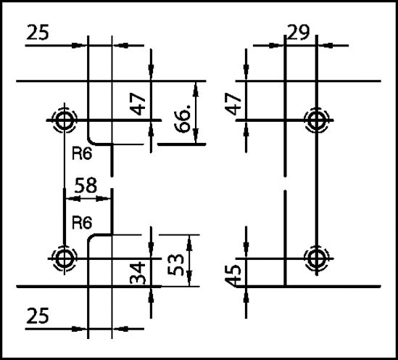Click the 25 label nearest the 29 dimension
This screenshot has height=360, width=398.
click(38, 32)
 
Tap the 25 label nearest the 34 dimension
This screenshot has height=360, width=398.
click(38, 316)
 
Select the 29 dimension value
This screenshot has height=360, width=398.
click(299, 32)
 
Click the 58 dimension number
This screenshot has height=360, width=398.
click(86, 186)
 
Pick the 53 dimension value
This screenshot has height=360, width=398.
click(175, 265)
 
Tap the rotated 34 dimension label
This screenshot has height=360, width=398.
click(138, 273)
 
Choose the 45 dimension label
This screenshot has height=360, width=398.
click(233, 276)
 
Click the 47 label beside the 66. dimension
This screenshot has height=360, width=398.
click(138, 104)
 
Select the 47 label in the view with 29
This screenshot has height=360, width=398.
click(233, 104)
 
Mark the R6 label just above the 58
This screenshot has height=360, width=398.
click(82, 154)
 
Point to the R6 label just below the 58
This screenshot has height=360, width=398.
click(82, 223)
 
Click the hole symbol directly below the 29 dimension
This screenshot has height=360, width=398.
click(317, 120)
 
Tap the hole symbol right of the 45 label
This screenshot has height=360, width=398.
click(317, 258)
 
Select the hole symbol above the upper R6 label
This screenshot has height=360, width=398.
click(65, 120)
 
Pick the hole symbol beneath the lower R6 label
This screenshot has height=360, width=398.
click(65, 258)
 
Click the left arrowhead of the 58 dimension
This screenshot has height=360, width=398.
click(72, 199)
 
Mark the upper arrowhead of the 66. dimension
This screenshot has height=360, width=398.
click(196, 89)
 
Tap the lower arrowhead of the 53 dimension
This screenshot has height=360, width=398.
click(189, 279)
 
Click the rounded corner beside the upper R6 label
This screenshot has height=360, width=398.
click(90, 142)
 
